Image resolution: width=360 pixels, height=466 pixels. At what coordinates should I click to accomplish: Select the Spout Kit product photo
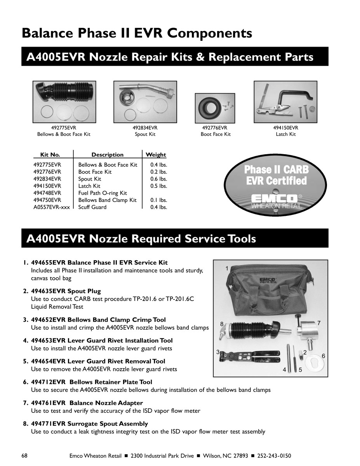coord(145,101)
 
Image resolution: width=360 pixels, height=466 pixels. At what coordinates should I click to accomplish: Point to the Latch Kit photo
coord(285,101)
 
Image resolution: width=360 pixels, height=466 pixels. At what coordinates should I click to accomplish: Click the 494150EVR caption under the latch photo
coord(285,128)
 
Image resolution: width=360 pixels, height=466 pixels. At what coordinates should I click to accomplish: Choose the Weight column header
coord(156,155)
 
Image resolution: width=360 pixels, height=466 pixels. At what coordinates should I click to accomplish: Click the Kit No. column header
coord(50,155)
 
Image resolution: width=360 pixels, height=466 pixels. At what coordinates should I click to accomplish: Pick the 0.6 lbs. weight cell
coord(158,179)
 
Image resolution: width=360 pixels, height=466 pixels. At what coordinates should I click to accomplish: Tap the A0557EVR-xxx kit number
coord(52,207)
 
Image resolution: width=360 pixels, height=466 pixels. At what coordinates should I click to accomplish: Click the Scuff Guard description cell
coord(92,207)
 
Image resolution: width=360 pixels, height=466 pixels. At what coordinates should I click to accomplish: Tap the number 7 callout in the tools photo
coord(319,323)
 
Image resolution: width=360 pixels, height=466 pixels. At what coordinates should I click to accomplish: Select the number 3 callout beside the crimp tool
coord(218,352)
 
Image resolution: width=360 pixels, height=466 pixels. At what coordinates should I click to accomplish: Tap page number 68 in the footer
coord(25,456)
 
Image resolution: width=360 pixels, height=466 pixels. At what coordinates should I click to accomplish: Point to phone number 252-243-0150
coord(274,456)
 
